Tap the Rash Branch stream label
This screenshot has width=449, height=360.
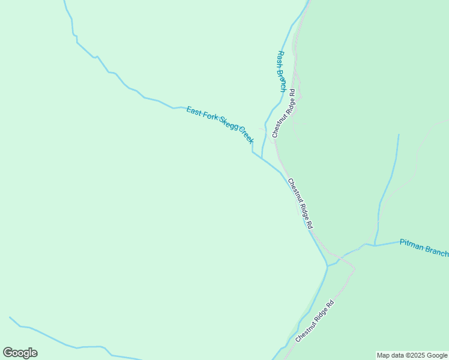tap(281, 71)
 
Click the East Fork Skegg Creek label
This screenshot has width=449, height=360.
tap(220, 125)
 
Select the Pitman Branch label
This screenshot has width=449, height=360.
tap(424, 247)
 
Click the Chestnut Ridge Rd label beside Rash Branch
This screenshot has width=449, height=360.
tap(284, 113)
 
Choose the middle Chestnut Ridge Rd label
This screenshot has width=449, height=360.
tap(300, 203)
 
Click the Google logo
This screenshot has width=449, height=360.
tap(20, 353)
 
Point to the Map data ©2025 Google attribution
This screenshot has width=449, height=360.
tap(412, 355)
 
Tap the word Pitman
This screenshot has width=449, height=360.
tap(412, 244)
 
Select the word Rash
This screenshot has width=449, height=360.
tap(279, 58)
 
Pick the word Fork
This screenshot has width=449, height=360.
tap(209, 119)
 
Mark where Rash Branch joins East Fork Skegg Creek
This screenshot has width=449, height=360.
tap(262, 158)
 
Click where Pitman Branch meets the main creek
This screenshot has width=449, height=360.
tap(328, 265)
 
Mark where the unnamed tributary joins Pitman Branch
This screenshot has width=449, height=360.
tap(375, 245)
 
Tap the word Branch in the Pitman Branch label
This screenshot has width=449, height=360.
tap(436, 251)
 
